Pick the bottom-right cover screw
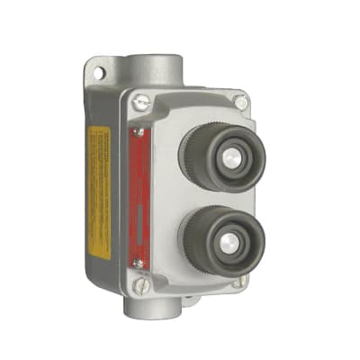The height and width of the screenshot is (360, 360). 240,281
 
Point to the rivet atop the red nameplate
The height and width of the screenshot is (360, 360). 138,133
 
